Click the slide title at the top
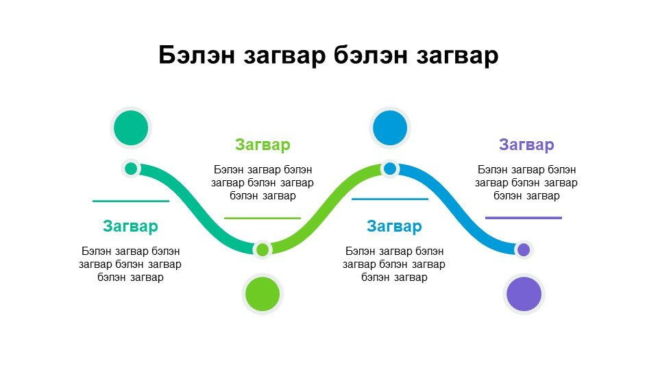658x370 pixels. pyautogui.click(x=328, y=55)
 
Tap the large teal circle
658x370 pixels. pyautogui.click(x=131, y=128)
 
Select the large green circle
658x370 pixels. pyautogui.click(x=263, y=294)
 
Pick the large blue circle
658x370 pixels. pyautogui.click(x=390, y=128)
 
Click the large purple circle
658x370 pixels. pyautogui.click(x=524, y=294)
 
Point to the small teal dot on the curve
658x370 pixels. pyautogui.click(x=131, y=169)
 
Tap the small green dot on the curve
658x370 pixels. pyautogui.click(x=263, y=250)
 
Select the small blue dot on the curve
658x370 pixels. pyautogui.click(x=390, y=169)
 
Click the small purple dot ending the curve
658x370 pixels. pyautogui.click(x=524, y=250)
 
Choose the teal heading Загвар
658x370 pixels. pyautogui.click(x=130, y=226)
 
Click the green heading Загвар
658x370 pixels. pyautogui.click(x=263, y=145)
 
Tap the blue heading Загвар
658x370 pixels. pyautogui.click(x=394, y=226)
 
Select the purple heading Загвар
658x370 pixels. pyautogui.click(x=526, y=145)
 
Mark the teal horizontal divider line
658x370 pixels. pyautogui.click(x=131, y=201)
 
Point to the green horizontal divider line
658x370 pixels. pyautogui.click(x=263, y=218)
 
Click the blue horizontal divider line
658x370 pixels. pyautogui.click(x=390, y=199)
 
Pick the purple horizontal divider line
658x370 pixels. pyautogui.click(x=524, y=218)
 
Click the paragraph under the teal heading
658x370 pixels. pyautogui.click(x=130, y=264)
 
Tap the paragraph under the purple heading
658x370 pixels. pyautogui.click(x=526, y=183)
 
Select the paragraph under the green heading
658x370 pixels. pyautogui.click(x=263, y=183)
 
